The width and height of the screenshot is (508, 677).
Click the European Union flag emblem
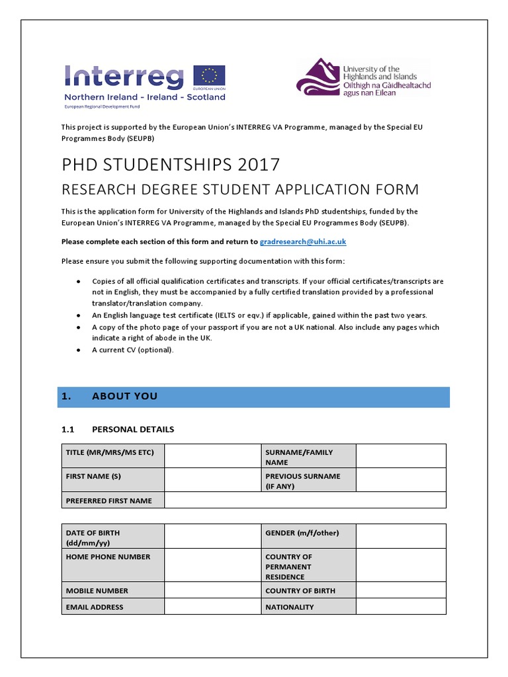coord(209,75)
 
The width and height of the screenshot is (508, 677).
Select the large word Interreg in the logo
coord(124,77)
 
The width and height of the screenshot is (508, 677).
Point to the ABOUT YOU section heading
coord(124,397)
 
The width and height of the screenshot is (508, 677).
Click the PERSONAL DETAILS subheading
coord(133,429)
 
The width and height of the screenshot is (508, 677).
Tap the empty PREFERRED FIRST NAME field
coord(304,500)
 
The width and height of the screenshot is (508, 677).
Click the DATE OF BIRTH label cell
coord(112,538)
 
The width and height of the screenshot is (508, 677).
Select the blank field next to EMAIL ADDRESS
coord(212,607)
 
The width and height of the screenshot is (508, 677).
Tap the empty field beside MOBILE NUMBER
coord(212,590)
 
